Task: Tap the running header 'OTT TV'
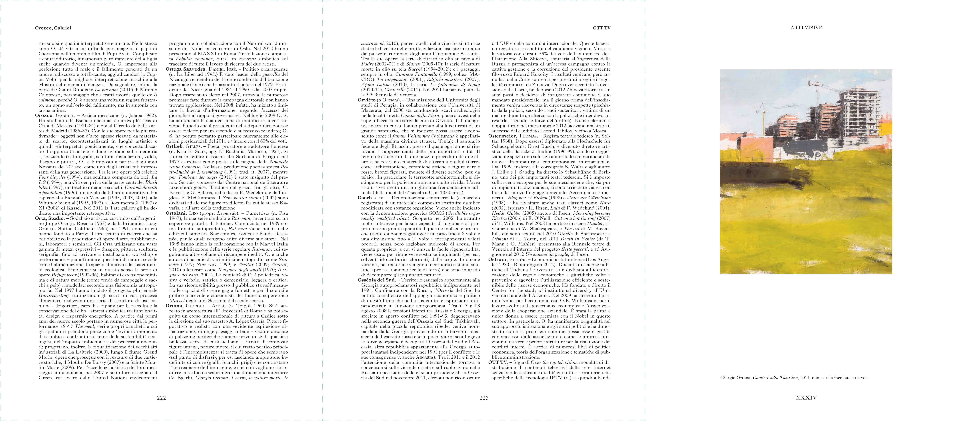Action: click(x=601, y=28)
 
